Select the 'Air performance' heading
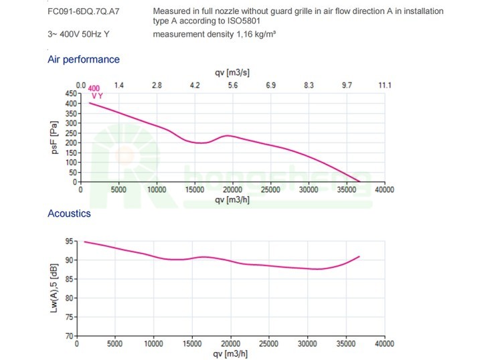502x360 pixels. point(84,60)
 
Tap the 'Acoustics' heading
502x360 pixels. point(69,213)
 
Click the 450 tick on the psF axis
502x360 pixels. point(72,94)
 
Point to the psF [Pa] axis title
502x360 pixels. point(56,138)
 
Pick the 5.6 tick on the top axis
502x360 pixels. point(233,85)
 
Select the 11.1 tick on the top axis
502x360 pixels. point(384,85)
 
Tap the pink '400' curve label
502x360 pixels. point(94,88)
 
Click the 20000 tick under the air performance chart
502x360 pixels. point(232,190)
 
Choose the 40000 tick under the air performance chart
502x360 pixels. point(384,190)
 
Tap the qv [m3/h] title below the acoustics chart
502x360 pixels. point(232,353)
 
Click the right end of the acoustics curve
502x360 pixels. point(360,256)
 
